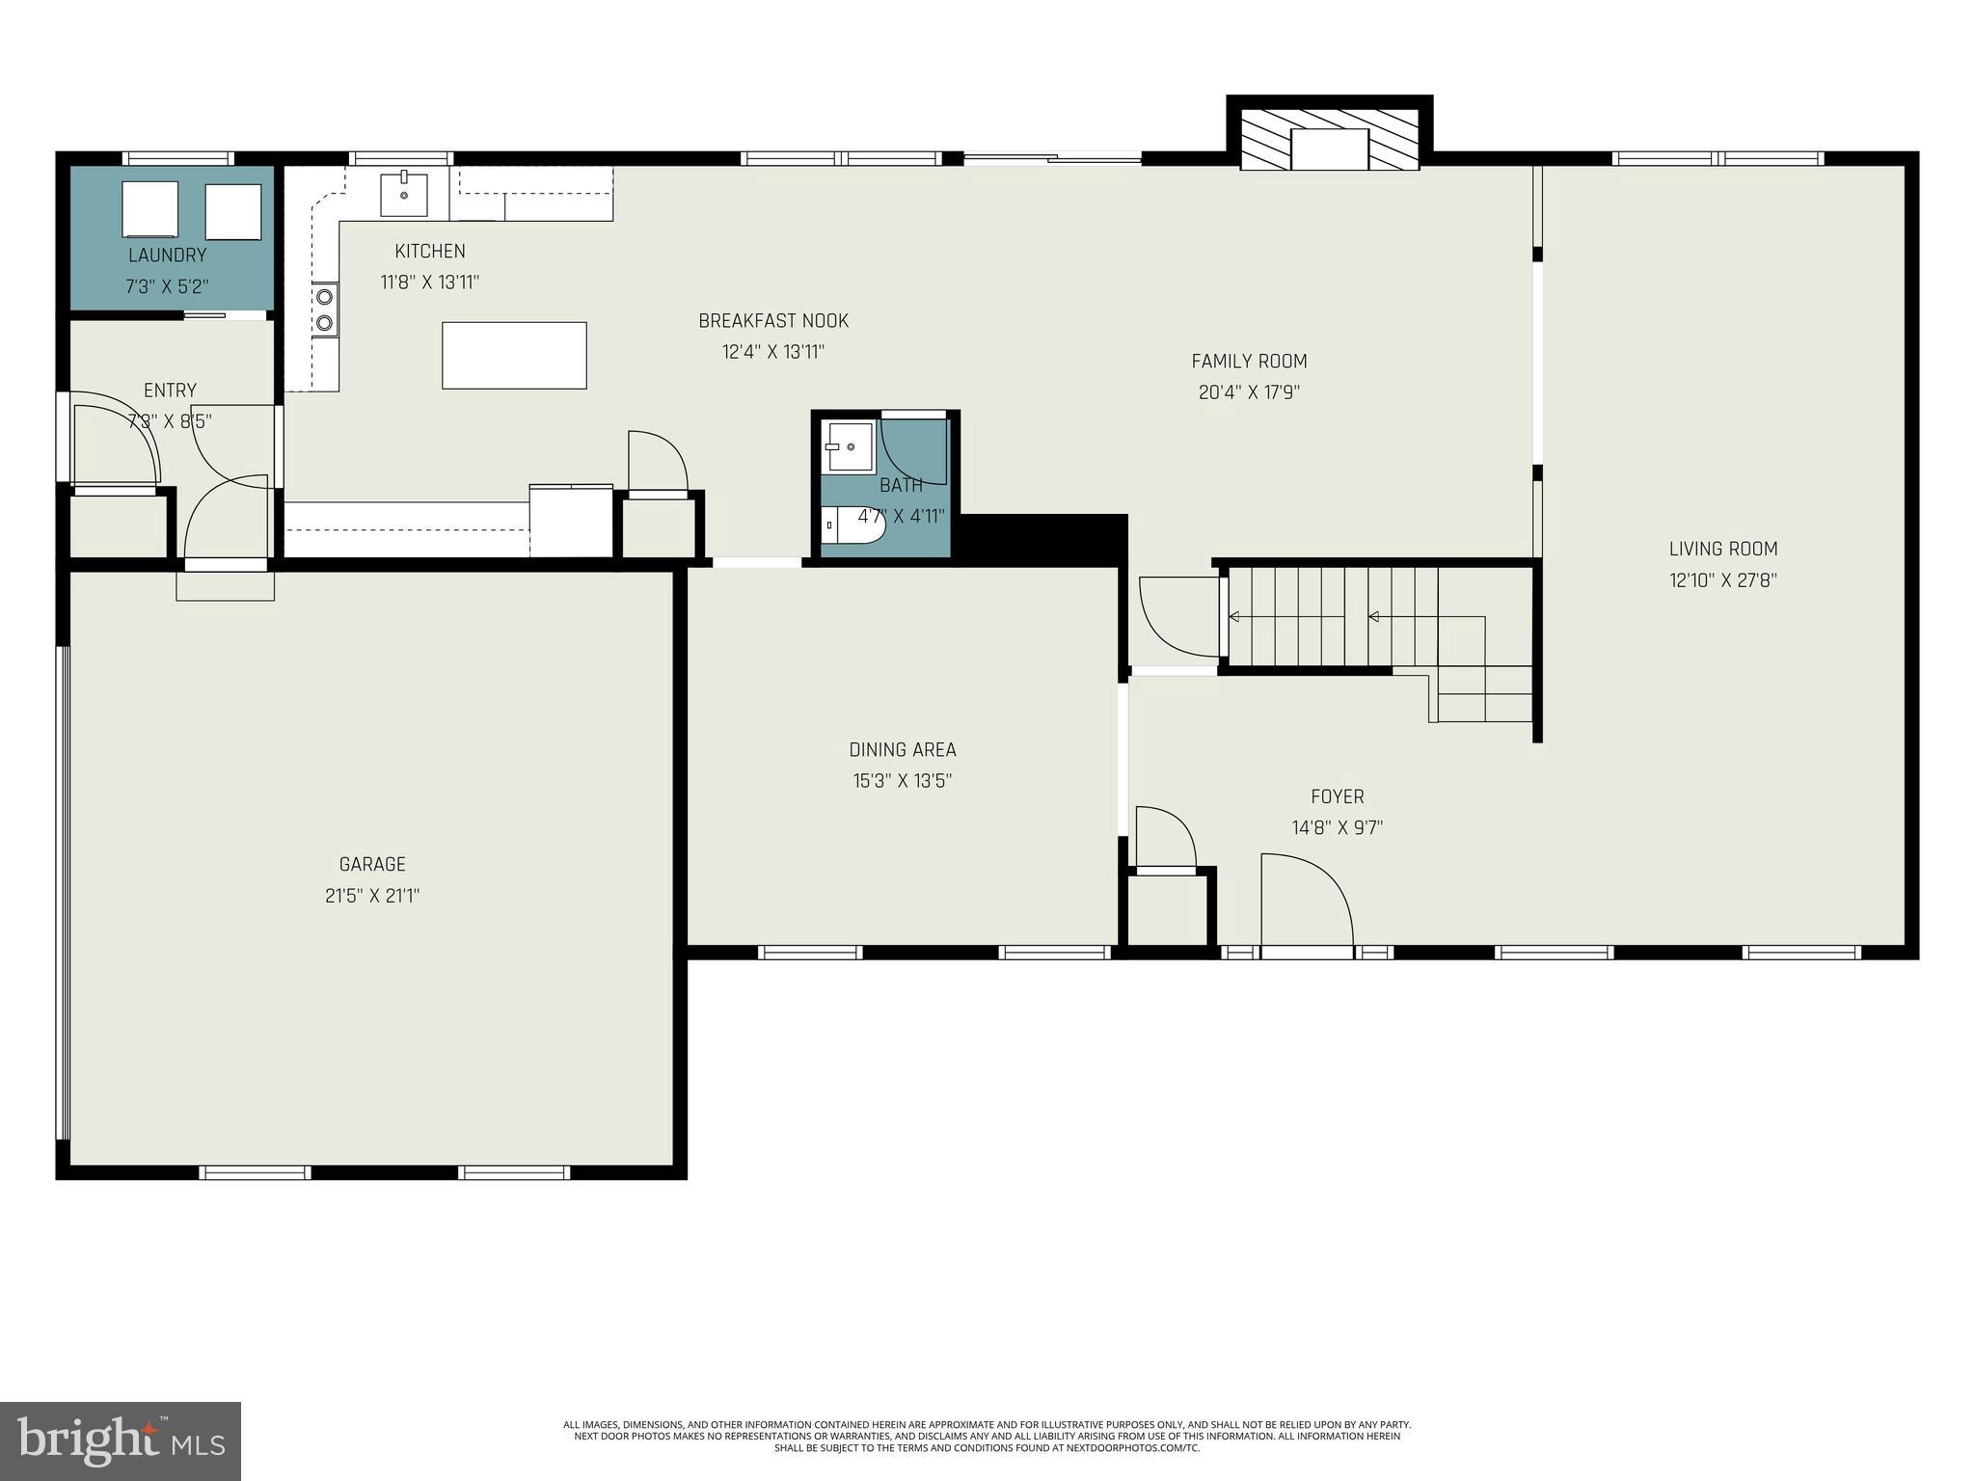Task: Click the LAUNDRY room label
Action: (167, 256)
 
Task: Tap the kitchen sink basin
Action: (404, 195)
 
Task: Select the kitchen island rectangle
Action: (514, 356)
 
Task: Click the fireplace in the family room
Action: (1330, 148)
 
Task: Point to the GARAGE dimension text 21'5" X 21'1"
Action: (372, 896)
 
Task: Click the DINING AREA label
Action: (903, 749)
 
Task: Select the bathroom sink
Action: (850, 446)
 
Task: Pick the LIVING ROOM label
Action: (1723, 549)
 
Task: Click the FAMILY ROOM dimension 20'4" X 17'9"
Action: (1249, 392)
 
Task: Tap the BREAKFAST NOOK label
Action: (773, 320)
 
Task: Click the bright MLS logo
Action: (121, 1441)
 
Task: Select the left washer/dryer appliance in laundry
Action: (149, 209)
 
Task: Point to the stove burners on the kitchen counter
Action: (325, 310)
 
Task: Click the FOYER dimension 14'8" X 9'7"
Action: (1337, 827)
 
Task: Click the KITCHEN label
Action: (430, 251)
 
